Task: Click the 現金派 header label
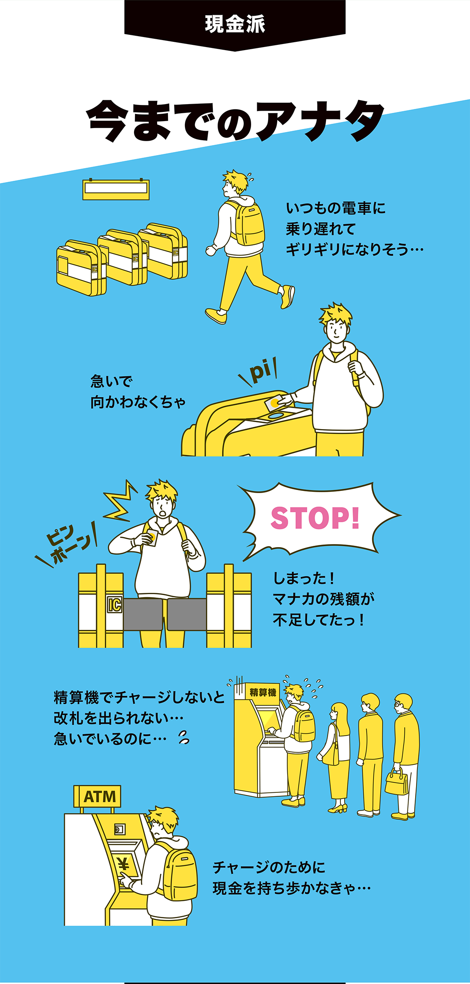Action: pyautogui.click(x=235, y=24)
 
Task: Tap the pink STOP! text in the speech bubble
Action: pyautogui.click(x=315, y=518)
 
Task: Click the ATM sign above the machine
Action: pyautogui.click(x=99, y=797)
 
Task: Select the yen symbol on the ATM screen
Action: pyautogui.click(x=124, y=862)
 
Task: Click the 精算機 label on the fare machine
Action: pyautogui.click(x=263, y=692)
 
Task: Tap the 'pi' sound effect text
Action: pyautogui.click(x=260, y=372)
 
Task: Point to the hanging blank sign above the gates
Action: pyautogui.click(x=116, y=189)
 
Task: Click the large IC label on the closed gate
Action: pyautogui.click(x=114, y=605)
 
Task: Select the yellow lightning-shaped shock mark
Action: pyautogui.click(x=119, y=501)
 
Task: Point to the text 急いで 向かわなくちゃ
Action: pyautogui.click(x=138, y=392)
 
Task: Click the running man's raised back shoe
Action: pyautogui.click(x=288, y=296)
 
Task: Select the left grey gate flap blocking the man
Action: pyautogui.click(x=143, y=614)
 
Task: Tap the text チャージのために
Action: pyautogui.click(x=269, y=867)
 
